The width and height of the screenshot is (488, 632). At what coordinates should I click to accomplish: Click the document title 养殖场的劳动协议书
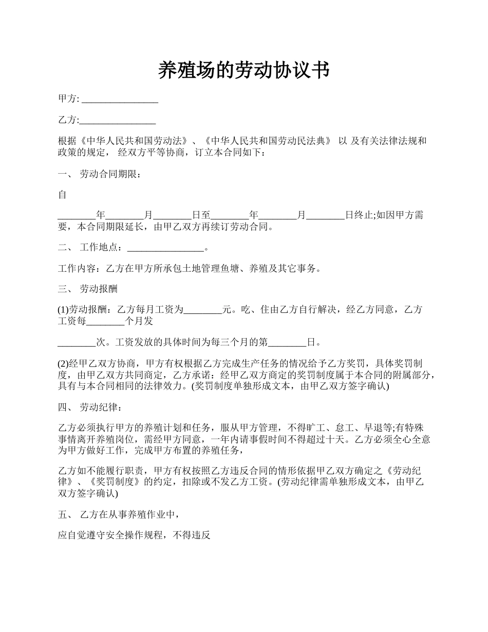coord(243,70)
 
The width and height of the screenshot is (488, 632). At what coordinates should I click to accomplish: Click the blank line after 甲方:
coord(120,100)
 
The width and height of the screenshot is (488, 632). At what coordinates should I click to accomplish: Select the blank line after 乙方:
coord(118,121)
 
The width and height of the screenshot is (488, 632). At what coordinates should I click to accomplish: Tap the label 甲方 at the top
coord(67,99)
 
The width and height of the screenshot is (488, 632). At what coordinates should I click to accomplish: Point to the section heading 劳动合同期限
coord(108,175)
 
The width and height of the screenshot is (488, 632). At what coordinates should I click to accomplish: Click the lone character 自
coord(62,195)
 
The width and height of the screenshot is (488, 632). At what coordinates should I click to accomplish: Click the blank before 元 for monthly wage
coord(202,310)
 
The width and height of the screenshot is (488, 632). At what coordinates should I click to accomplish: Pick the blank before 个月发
coord(105,322)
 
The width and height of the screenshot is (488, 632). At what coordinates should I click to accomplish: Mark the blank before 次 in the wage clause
coord(77,343)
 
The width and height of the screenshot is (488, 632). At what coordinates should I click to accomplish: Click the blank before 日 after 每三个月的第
coord(287,343)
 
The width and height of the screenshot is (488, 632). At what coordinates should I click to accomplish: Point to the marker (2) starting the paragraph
coord(63,364)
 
